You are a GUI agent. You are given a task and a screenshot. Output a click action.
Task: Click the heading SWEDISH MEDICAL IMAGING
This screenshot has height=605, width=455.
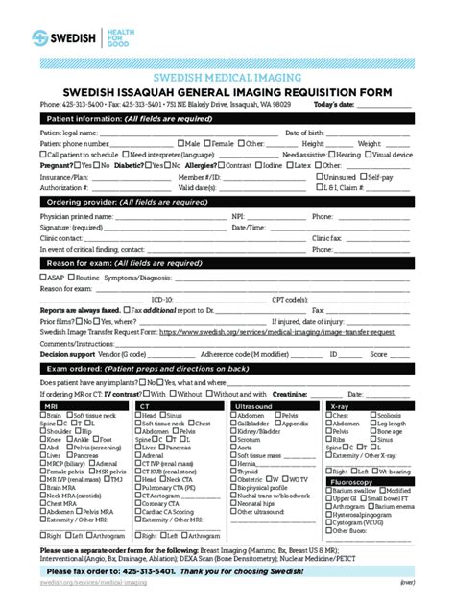(x=227, y=77)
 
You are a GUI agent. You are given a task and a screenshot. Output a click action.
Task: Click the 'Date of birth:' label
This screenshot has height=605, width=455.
(x=305, y=133)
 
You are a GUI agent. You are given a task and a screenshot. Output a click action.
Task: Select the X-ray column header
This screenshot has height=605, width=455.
(x=339, y=407)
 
